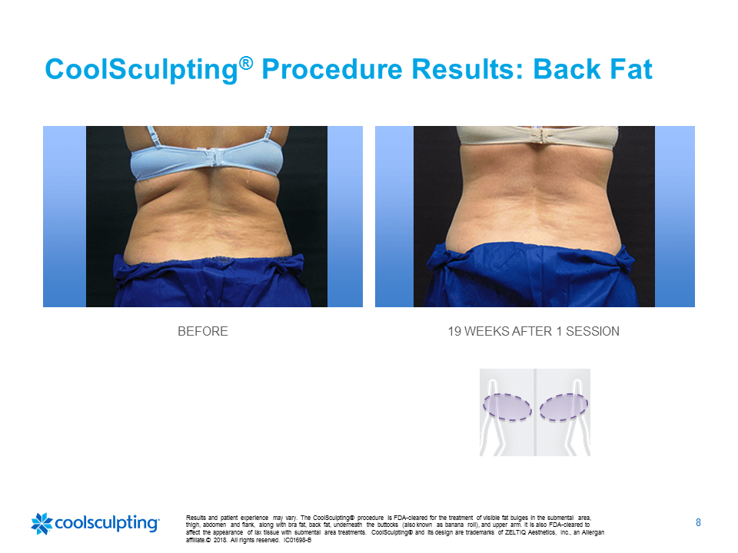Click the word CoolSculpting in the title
point(141,70)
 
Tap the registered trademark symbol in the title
point(246,63)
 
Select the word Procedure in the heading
point(332,70)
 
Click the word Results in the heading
point(468,70)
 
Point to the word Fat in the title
point(630,70)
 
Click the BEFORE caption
point(203,332)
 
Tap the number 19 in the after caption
point(454,332)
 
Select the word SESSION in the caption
point(593,332)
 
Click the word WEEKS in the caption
point(487,332)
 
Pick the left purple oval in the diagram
point(507,407)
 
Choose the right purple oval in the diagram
point(563,407)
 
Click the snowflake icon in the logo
point(42,523)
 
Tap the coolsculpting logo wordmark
point(108,523)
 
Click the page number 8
point(699,522)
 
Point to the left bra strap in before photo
point(151,136)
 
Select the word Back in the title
point(567,70)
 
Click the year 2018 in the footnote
point(221,540)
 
